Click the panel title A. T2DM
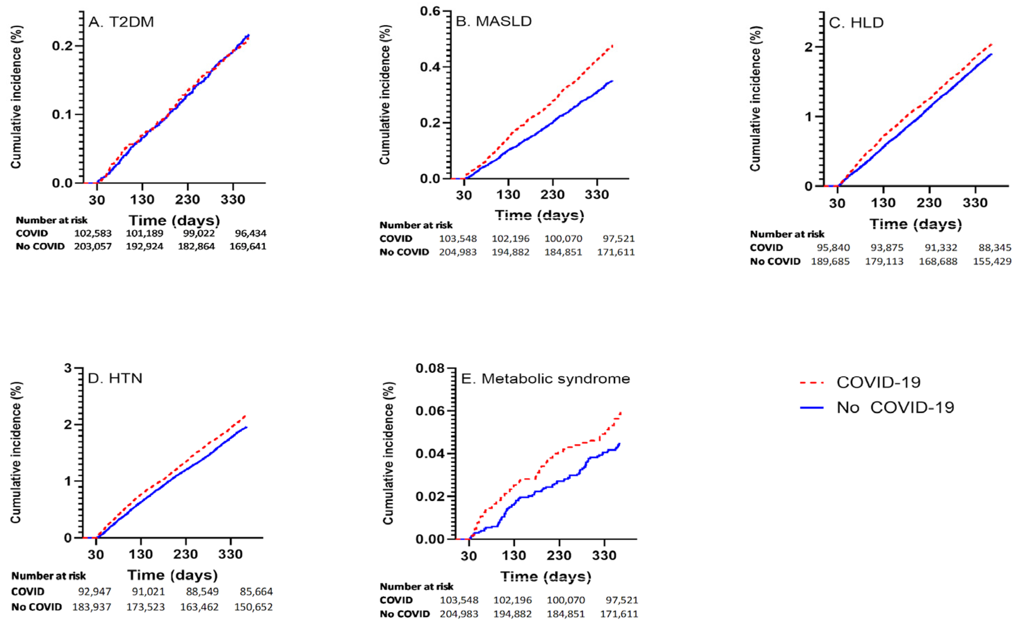point(121,22)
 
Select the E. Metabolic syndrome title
point(546,378)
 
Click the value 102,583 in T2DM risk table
point(93,233)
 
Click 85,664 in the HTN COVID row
point(256,592)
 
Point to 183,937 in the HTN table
point(92,607)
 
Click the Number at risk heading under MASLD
point(416,225)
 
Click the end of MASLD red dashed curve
point(612,46)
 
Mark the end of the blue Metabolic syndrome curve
point(619,444)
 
